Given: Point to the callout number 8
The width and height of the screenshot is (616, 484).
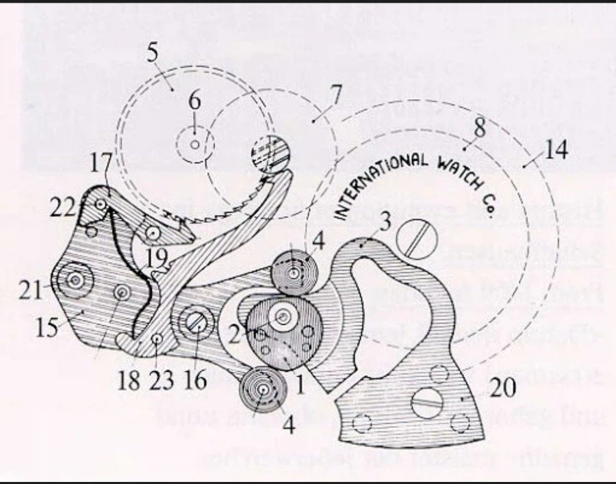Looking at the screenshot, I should pyautogui.click(x=478, y=127).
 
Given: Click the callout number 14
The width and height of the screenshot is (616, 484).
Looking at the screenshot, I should pyautogui.click(x=556, y=150).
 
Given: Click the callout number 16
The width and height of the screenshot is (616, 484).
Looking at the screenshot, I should pyautogui.click(x=195, y=380).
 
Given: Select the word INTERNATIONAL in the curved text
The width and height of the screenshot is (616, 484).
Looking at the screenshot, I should pyautogui.click(x=373, y=181).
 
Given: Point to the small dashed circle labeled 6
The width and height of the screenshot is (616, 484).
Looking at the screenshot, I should pyautogui.click(x=195, y=144).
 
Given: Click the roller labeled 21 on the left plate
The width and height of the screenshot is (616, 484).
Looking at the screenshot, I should pyautogui.click(x=73, y=280).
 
